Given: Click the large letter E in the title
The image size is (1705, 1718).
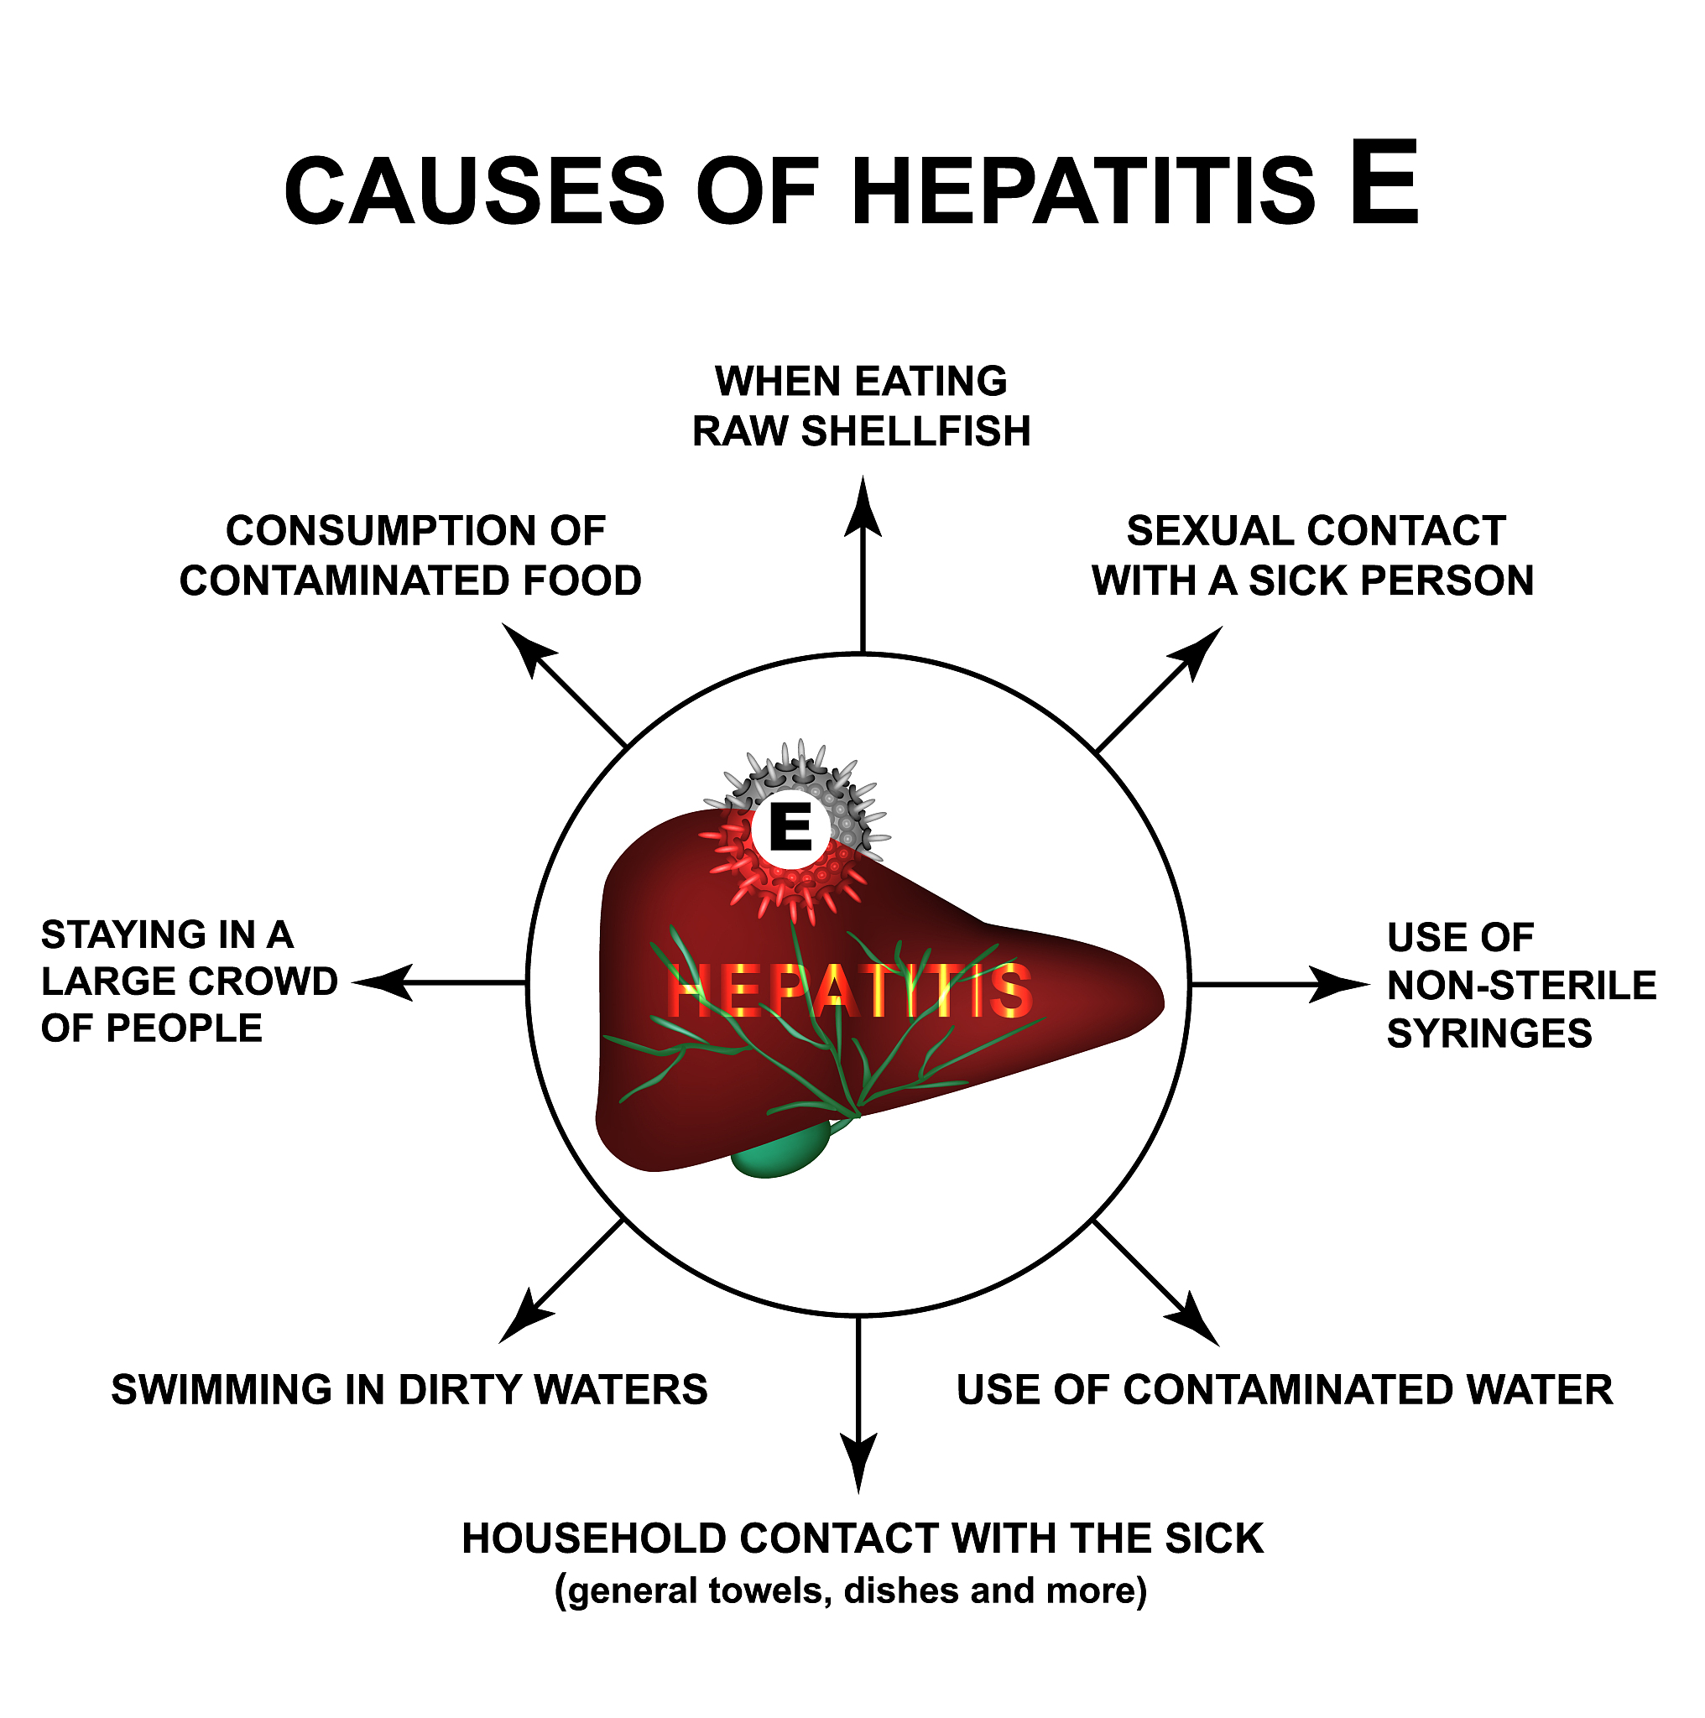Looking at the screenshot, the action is point(1383,182).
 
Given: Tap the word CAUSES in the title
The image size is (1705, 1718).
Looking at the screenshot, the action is point(475,191).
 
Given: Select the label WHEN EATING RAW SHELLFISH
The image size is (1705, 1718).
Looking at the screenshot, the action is point(861,406).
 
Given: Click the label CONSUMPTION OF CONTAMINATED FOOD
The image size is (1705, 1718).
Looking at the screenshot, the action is point(411,556).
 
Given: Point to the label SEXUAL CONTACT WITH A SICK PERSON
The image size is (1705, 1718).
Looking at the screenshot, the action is point(1314,556).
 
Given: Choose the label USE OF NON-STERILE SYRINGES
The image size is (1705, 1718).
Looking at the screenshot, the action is point(1522,986).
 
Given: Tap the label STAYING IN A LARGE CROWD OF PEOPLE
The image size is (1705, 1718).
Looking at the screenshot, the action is point(190,981).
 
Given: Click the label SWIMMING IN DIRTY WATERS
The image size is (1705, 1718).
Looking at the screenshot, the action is point(409,1390).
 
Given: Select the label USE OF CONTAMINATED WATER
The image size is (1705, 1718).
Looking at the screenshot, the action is point(1285,1390).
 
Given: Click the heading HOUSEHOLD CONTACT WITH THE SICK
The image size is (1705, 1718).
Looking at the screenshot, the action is point(863,1539).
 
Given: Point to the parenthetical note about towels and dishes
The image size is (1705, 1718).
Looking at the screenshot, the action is point(851,1590).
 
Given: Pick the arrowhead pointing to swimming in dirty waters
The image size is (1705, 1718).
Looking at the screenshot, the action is point(524,1317).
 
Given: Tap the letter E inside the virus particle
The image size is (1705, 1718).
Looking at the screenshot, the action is point(790,828).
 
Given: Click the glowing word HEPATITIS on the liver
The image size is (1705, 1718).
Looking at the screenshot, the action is point(849,991).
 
